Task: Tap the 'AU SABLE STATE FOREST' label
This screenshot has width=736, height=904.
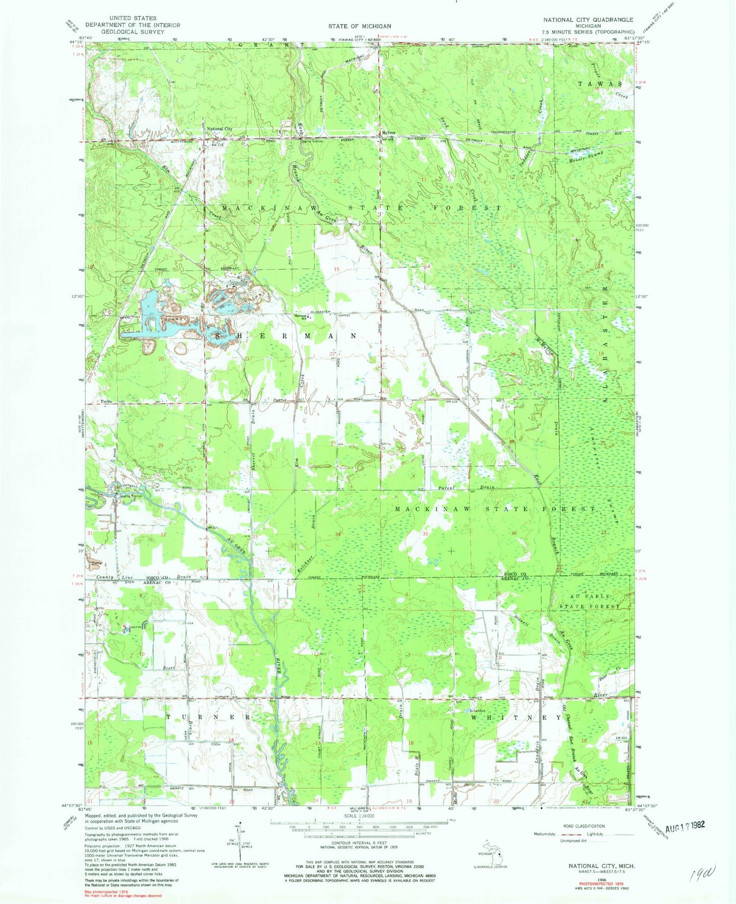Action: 590,601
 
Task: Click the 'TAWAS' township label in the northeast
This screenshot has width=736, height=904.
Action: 599,84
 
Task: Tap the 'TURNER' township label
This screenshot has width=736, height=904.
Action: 207,717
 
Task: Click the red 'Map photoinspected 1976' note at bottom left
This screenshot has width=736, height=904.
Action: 110,892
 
